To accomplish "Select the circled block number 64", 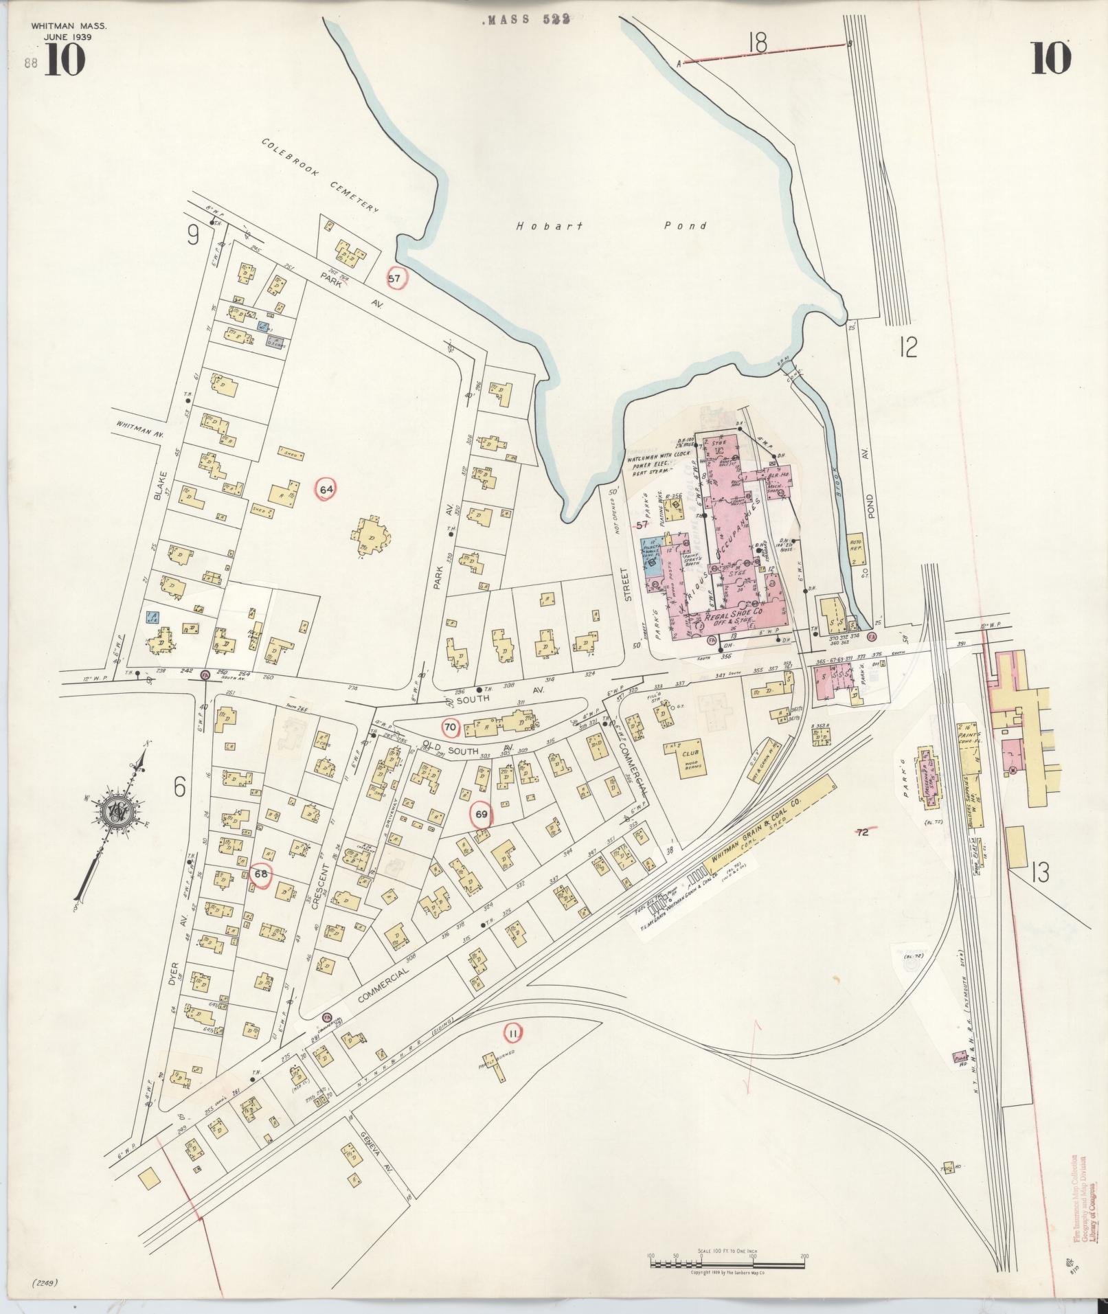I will click(x=326, y=489).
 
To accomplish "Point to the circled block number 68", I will click(x=261, y=874).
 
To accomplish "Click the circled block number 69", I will click(x=482, y=814).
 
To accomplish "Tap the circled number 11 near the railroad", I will click(x=512, y=1050).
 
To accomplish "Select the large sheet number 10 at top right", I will click(x=1050, y=58).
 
